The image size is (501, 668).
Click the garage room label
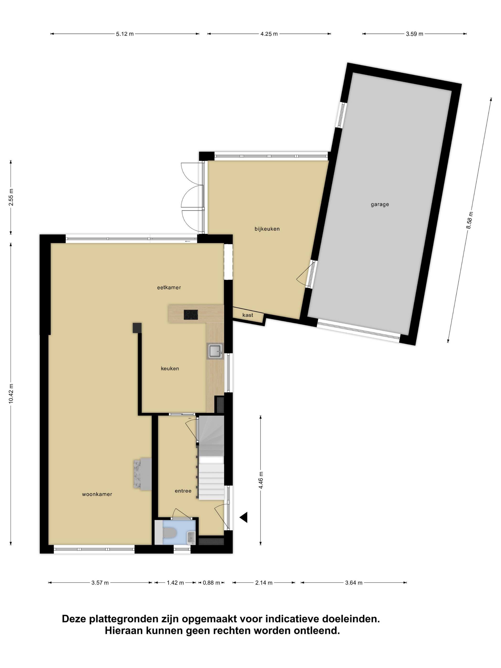click(x=380, y=204)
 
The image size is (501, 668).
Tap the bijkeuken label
click(x=267, y=229)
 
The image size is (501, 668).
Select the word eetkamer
click(x=169, y=287)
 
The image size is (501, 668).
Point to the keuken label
click(x=170, y=368)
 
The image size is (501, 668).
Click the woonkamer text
click(x=97, y=494)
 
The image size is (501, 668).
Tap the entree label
click(x=183, y=491)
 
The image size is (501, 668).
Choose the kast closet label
click(x=248, y=315)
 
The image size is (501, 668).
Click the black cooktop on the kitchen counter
click(x=191, y=315)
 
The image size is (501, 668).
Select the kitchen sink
click(x=215, y=351)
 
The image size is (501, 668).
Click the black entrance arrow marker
click(x=244, y=517)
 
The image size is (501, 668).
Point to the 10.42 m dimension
click(x=11, y=393)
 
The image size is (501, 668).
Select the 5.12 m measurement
click(x=125, y=34)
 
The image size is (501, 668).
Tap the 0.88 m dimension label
click(x=211, y=583)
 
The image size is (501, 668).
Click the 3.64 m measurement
click(x=354, y=583)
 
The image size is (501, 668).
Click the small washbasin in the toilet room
click(x=191, y=538)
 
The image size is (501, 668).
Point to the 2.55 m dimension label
click(x=11, y=197)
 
